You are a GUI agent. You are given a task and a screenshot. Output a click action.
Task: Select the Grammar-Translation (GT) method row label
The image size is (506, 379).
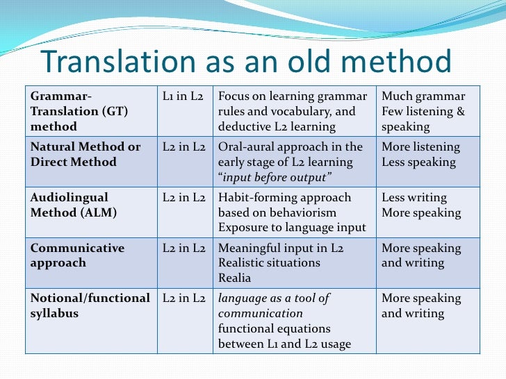tap(79, 111)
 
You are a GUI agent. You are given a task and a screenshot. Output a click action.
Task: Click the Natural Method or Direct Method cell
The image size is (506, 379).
tap(85, 154)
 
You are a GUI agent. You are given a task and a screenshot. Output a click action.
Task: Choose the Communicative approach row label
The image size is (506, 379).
tap(77, 255)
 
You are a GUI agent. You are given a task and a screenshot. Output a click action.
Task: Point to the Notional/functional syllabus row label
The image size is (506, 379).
tap(90, 305)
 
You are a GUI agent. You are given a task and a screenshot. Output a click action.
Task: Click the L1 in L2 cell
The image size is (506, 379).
tap(183, 96)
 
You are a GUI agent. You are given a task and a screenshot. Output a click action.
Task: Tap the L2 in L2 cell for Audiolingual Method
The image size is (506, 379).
tap(183, 198)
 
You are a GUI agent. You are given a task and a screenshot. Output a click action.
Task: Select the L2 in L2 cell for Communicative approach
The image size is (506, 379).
tap(183, 248)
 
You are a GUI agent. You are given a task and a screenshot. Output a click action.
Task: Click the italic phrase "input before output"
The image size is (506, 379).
tap(275, 177)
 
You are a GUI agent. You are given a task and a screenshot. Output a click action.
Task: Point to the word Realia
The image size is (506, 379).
tap(234, 278)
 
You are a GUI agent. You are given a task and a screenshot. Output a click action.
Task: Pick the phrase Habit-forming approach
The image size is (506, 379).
tap(285, 198)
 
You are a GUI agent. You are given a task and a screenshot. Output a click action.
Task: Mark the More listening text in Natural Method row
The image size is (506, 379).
tap(421, 147)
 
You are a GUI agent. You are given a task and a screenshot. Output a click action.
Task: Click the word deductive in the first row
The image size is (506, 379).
tap(243, 126)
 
